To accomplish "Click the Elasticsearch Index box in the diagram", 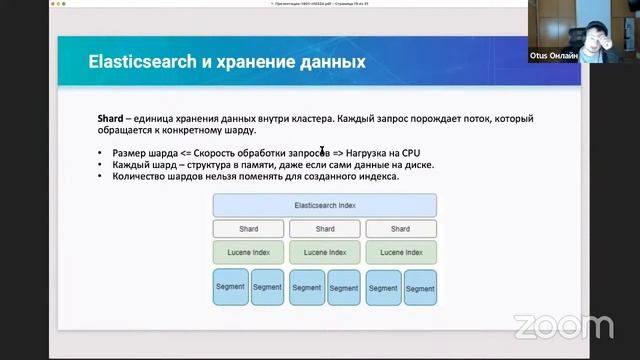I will point(325,206).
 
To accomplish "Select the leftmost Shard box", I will point(248,229).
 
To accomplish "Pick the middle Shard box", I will point(325,229).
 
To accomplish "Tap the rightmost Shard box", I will point(400,229).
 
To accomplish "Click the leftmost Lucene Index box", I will point(248,252).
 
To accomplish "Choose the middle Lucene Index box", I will point(325,252).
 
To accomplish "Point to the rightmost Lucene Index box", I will point(400,252).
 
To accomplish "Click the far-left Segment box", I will point(230,287).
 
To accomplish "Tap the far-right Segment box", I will point(420,287).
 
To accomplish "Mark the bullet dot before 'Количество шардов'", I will point(100,176).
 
